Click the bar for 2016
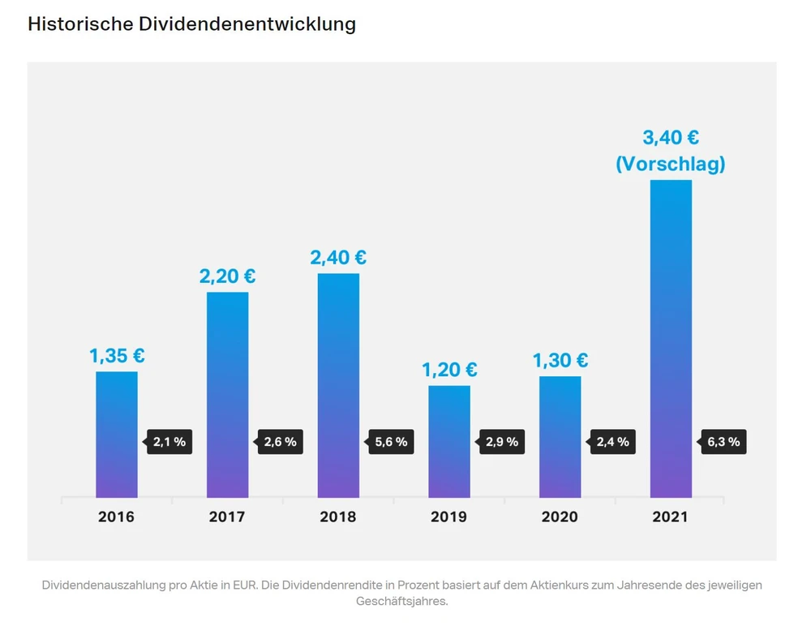point(117,435)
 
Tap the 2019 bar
point(449,441)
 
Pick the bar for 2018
point(338,385)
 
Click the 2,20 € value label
point(227,277)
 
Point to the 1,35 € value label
point(117,356)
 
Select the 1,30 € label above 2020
point(560,361)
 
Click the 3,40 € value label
point(671,138)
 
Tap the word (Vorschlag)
point(671,164)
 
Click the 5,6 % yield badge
point(393,442)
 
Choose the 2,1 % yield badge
point(170,442)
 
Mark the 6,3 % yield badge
point(724,442)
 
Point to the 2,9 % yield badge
point(503,442)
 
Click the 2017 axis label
point(227,517)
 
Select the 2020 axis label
point(560,517)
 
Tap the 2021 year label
point(671,517)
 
